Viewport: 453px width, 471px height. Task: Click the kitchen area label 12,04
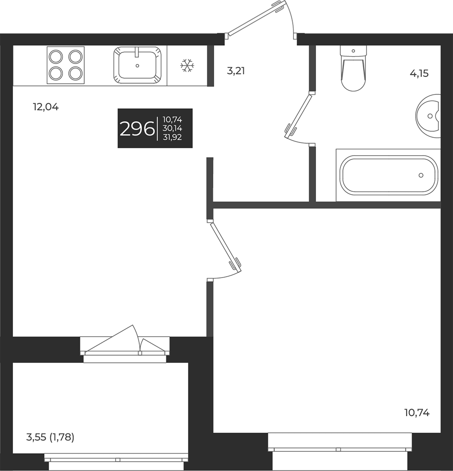[46, 107]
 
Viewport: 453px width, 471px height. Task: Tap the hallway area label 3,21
[236, 71]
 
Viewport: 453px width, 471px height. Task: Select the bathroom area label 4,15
[419, 74]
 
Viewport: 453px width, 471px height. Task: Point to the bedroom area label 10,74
[417, 420]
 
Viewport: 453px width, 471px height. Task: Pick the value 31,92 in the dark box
[172, 137]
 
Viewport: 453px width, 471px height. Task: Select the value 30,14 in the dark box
[172, 128]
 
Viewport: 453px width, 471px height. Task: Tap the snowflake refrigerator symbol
[187, 65]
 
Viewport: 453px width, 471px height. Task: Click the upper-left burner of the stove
[56, 57]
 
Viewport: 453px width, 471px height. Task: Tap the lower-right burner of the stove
[75, 74]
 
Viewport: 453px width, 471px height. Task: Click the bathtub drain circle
[421, 175]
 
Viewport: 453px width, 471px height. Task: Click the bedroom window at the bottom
[339, 450]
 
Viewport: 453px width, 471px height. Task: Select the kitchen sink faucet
[137, 52]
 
